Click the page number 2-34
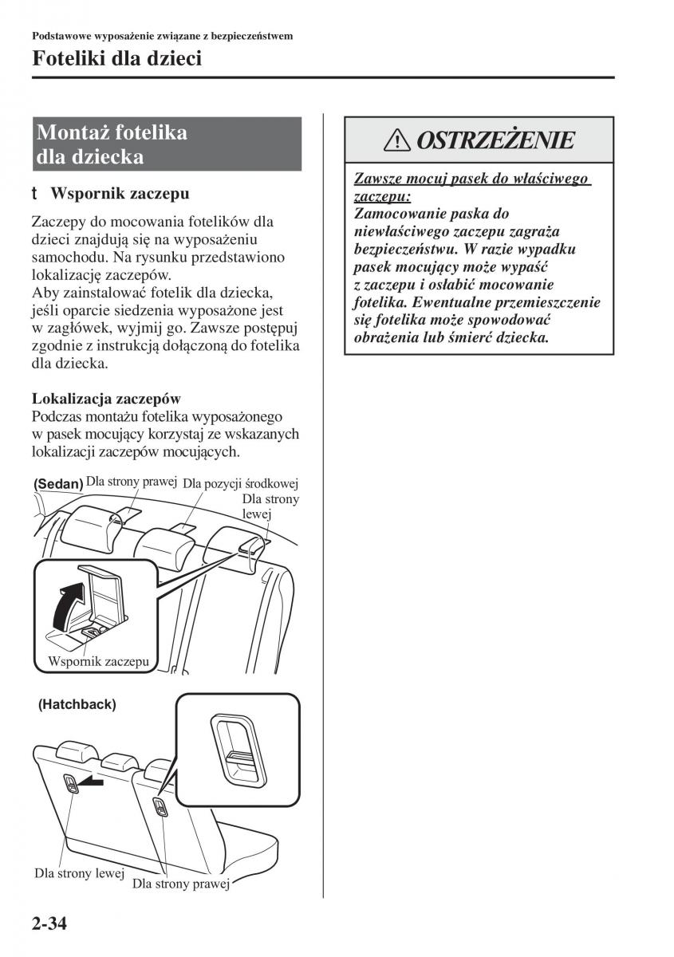[x=49, y=925]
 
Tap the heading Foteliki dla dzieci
[x=116, y=58]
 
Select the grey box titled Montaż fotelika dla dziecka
[x=167, y=144]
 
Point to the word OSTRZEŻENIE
[x=495, y=141]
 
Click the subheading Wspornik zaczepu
[x=119, y=193]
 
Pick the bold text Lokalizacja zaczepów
[x=105, y=398]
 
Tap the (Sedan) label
[x=58, y=484]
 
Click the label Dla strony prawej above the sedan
[x=132, y=482]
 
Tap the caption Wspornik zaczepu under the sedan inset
[x=99, y=661]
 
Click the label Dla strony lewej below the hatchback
[x=78, y=873]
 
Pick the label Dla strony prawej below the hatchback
[x=181, y=884]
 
